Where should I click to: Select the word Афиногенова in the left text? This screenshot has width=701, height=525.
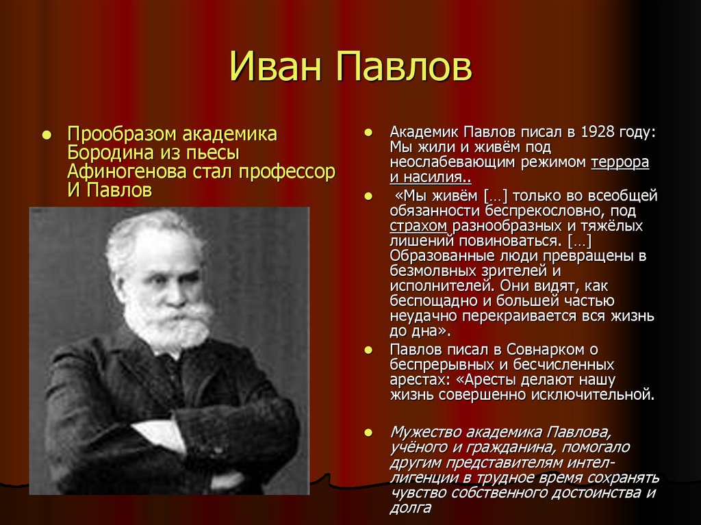point(116,171)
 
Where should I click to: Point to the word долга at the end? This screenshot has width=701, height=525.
point(411,507)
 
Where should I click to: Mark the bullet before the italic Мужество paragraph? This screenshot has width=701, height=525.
point(368,433)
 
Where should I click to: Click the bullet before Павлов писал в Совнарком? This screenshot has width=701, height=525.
point(368,350)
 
